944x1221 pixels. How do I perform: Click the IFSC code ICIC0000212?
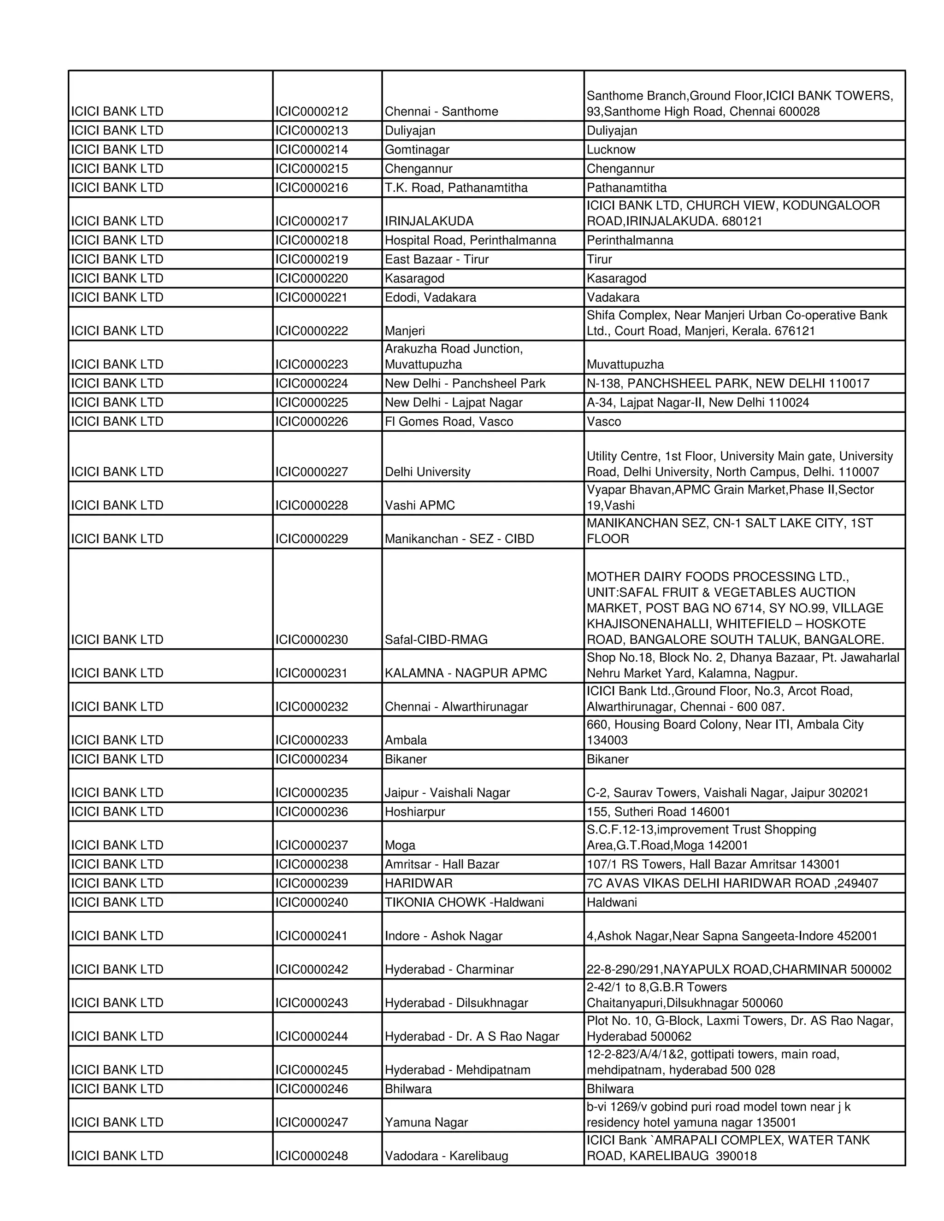[x=311, y=111]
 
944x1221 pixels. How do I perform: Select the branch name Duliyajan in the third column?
[x=409, y=130]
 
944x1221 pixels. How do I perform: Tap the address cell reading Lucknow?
[x=611, y=149]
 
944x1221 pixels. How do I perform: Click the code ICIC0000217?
[x=311, y=221]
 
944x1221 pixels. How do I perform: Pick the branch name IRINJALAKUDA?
[x=429, y=221]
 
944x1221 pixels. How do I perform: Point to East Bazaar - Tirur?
[x=436, y=259]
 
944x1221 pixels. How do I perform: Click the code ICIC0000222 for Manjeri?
[x=311, y=330]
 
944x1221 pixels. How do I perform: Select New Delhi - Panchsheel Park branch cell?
[x=465, y=383]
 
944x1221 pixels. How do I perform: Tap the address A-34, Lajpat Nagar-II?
[x=697, y=402]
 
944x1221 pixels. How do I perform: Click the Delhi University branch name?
[x=427, y=471]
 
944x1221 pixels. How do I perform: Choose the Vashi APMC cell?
[x=419, y=505]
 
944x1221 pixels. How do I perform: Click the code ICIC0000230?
[x=311, y=639]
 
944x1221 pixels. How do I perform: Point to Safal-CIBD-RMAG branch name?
[x=436, y=639]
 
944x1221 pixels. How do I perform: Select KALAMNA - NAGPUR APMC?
[x=465, y=673]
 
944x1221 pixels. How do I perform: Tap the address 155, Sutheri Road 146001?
[x=658, y=811]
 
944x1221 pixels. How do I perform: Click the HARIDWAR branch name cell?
[x=419, y=883]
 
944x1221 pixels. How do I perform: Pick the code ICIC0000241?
[x=311, y=935]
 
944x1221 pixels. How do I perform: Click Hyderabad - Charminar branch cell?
[x=448, y=969]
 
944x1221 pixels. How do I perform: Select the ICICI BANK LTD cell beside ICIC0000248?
[x=117, y=1156]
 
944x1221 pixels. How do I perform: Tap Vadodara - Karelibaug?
[x=446, y=1156]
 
